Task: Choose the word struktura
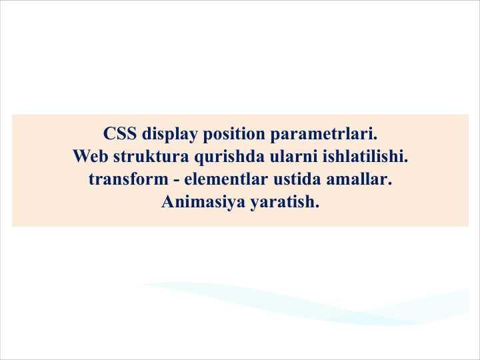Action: [148, 157]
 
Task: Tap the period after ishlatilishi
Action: [405, 161]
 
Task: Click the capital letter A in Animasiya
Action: [167, 201]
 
